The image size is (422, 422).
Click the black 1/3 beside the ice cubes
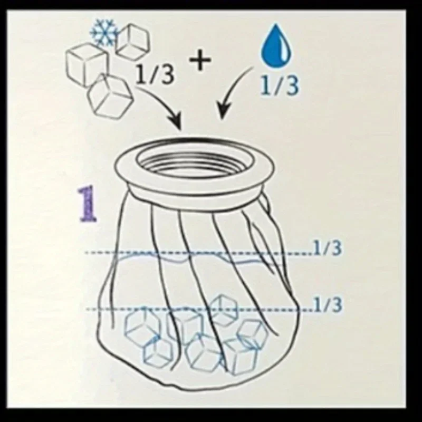155,75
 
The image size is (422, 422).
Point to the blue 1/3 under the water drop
280,85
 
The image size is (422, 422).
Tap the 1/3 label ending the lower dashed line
328,305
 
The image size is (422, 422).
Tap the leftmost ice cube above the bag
85,63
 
